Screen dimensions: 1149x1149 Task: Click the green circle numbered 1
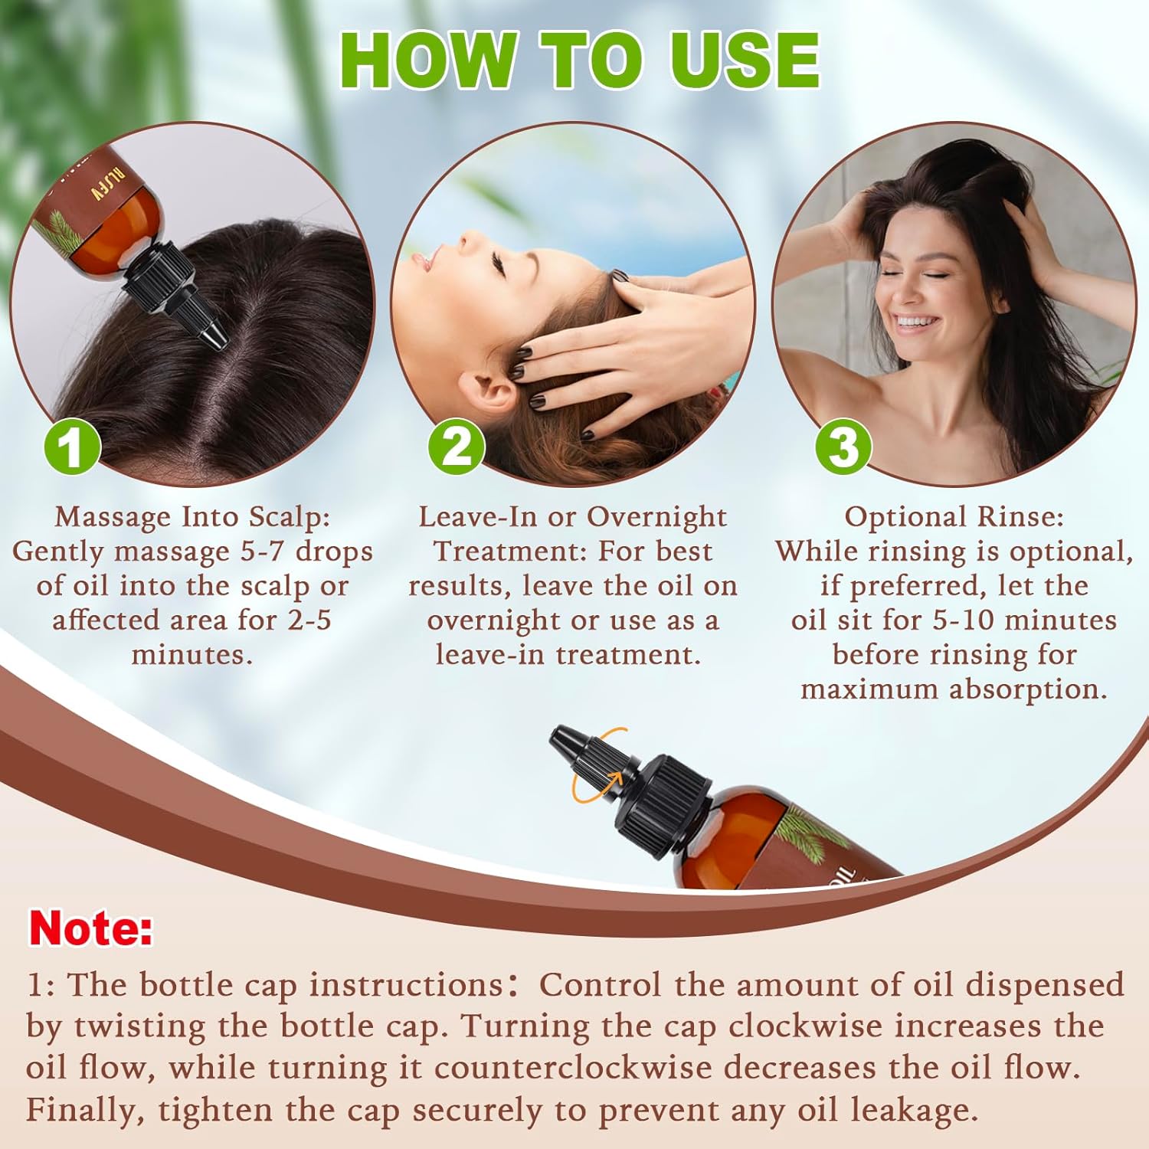[71, 447]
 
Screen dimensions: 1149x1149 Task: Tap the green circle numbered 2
[457, 447]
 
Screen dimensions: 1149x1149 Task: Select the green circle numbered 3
[843, 447]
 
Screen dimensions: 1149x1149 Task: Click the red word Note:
[90, 928]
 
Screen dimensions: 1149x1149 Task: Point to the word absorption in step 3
[1028, 690]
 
